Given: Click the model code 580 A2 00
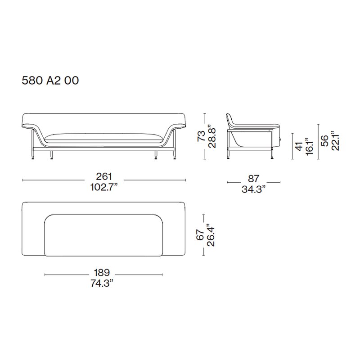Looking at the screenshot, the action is (x=50, y=81).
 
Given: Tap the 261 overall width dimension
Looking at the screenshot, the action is (x=104, y=176).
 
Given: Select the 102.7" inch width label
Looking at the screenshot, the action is (x=104, y=187).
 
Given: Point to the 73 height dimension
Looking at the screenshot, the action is (x=201, y=136).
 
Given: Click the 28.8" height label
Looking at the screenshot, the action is (x=211, y=136).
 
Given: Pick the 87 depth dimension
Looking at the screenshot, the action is (x=254, y=179).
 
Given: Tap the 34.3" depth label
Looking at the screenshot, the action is (x=253, y=189).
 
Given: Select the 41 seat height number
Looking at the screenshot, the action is (x=299, y=147).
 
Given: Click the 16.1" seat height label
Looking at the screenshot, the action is (x=310, y=147).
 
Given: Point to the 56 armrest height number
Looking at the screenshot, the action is (x=324, y=141).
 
